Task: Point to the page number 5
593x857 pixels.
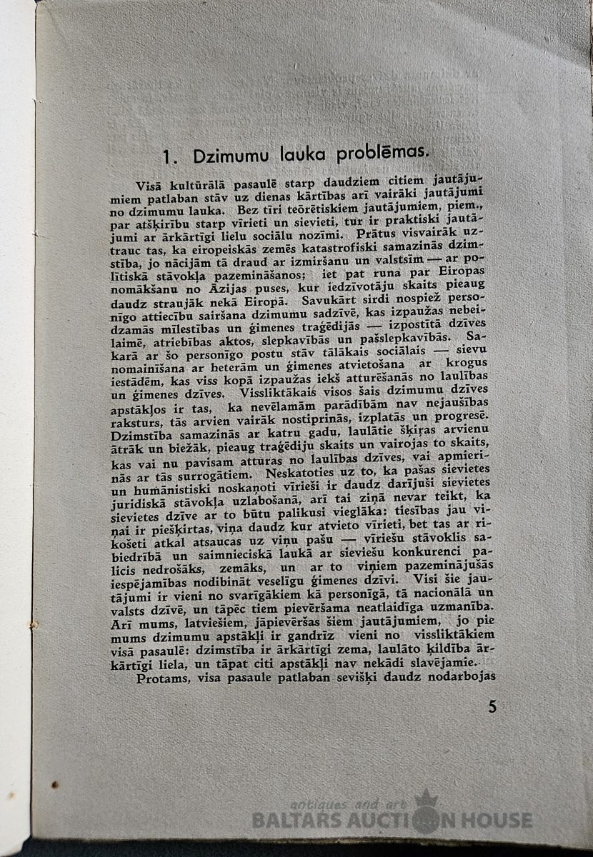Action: pos(492,706)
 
